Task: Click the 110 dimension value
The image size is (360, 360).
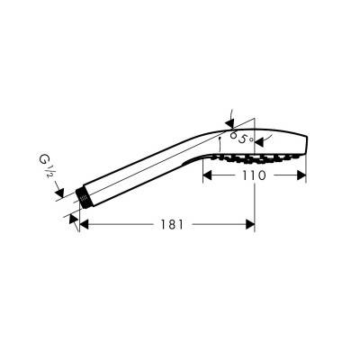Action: tap(254, 175)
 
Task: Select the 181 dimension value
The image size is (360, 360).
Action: tap(172, 224)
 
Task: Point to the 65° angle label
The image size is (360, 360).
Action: tap(241, 138)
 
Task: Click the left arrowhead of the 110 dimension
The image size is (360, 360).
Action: tap(207, 175)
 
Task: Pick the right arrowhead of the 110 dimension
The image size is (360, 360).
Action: tap(301, 175)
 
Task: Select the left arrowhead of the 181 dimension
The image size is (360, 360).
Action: tap(85, 224)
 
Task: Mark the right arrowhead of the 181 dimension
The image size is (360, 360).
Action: tap(250, 224)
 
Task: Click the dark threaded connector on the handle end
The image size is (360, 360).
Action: tap(84, 198)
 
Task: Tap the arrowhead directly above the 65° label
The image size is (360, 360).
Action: tap(230, 124)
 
